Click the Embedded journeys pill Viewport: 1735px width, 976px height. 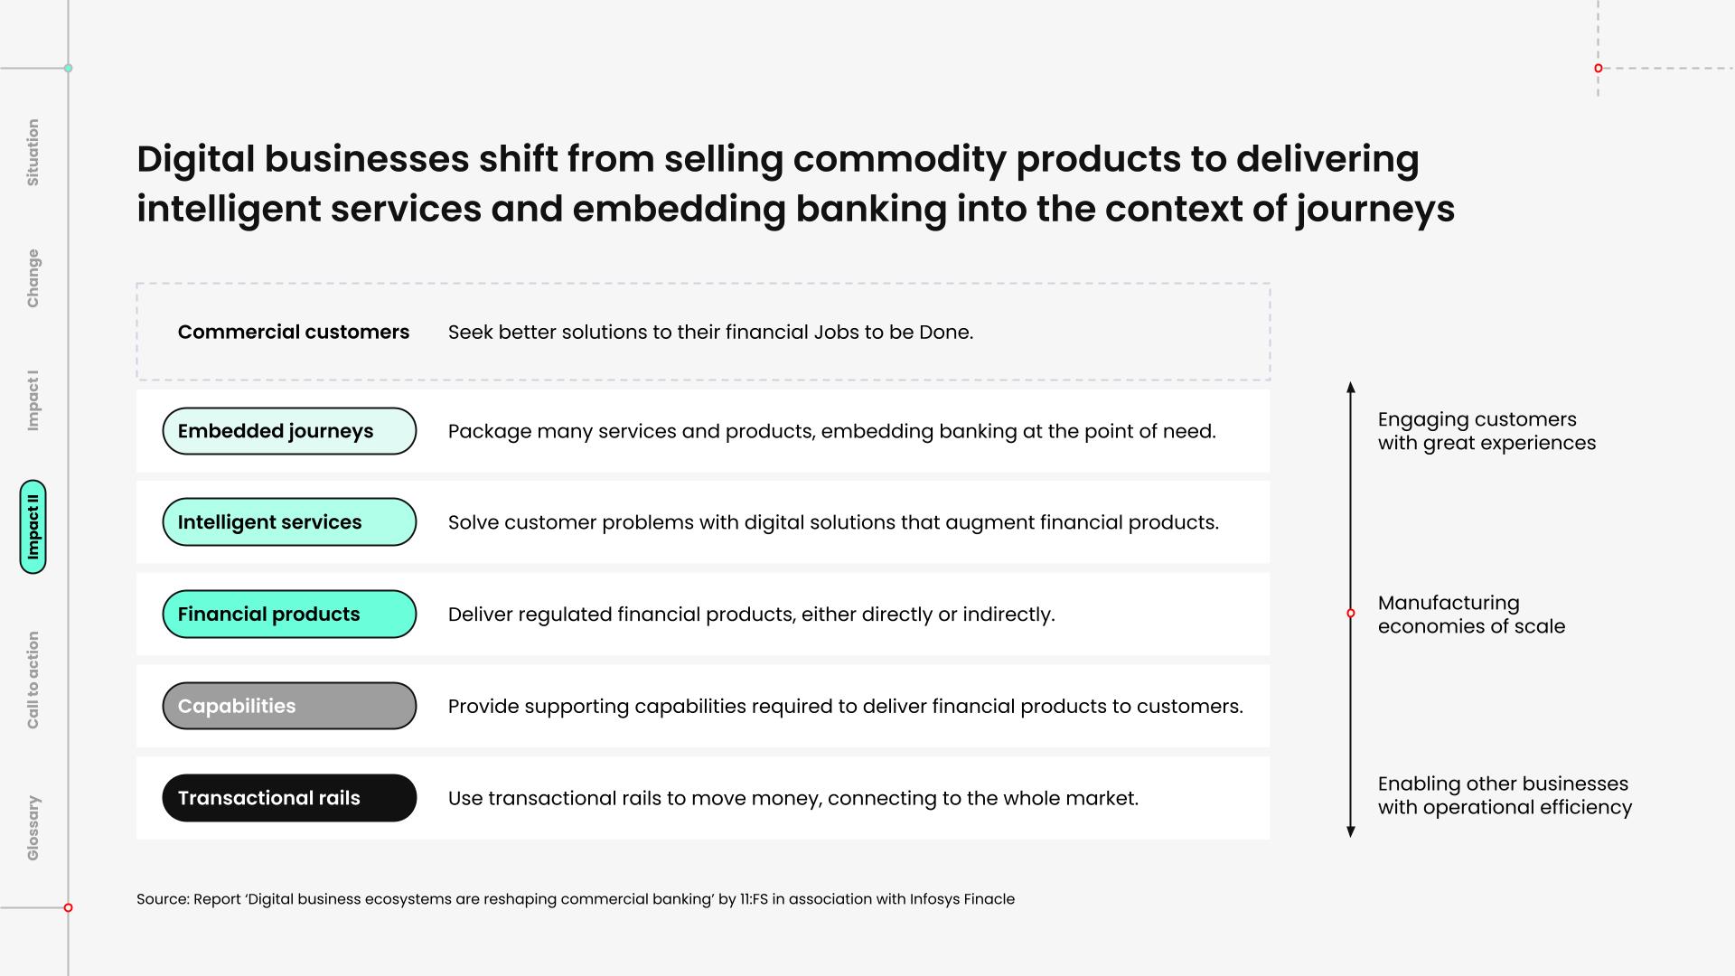(x=289, y=431)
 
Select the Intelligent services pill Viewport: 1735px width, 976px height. (x=289, y=522)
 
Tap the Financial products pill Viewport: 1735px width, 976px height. (x=289, y=615)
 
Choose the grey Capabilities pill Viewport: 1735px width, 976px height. (x=289, y=706)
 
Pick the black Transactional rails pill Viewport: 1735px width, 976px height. (x=289, y=798)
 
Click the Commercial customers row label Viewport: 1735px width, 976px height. (x=294, y=332)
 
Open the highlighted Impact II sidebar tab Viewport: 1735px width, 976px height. (x=33, y=527)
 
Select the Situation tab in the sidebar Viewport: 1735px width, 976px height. (x=33, y=153)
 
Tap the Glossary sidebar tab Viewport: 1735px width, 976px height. (x=33, y=828)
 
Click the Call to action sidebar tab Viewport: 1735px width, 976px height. (x=33, y=680)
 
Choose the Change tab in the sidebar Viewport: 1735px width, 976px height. (x=33, y=278)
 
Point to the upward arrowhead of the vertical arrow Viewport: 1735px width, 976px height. (x=1351, y=386)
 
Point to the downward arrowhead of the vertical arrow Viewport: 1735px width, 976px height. (x=1351, y=832)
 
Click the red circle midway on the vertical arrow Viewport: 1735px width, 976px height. (x=1351, y=614)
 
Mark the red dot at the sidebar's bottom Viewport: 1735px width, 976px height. (x=68, y=907)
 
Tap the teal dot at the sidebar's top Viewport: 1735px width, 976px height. (x=68, y=68)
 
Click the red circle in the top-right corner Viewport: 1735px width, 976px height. (x=1598, y=68)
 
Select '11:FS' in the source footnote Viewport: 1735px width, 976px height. (x=754, y=899)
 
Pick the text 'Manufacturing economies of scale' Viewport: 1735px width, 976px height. (x=1471, y=615)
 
